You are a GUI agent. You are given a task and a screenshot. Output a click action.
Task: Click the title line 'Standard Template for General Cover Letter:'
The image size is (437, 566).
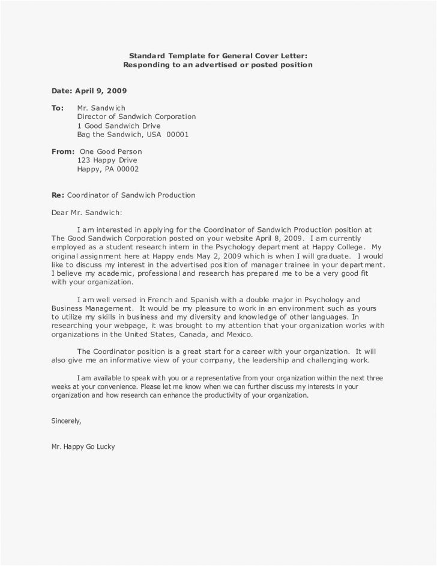pos(218,55)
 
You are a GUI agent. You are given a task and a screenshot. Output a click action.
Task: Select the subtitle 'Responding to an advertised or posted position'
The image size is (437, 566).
pos(218,64)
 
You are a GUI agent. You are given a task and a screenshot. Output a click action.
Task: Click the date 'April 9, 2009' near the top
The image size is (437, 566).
pos(100,91)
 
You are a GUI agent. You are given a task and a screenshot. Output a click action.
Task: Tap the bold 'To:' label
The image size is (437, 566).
pos(58,108)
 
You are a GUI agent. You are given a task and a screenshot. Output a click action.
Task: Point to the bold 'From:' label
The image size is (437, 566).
pos(63,152)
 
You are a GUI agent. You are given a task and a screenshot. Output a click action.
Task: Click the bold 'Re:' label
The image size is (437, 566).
pos(58,195)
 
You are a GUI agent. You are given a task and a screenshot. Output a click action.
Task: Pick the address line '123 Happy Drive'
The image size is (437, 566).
pos(107,161)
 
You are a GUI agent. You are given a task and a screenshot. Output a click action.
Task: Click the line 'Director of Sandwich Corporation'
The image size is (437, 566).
pos(137,117)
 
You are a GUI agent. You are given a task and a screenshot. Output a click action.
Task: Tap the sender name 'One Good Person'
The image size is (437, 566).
pos(111,152)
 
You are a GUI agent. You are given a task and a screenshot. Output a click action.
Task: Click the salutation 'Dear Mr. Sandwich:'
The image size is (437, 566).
pos(87,213)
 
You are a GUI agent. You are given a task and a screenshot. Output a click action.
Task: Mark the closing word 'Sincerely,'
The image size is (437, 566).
pos(66,421)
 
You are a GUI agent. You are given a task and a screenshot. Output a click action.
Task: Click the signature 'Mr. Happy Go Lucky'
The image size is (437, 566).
pos(83,447)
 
